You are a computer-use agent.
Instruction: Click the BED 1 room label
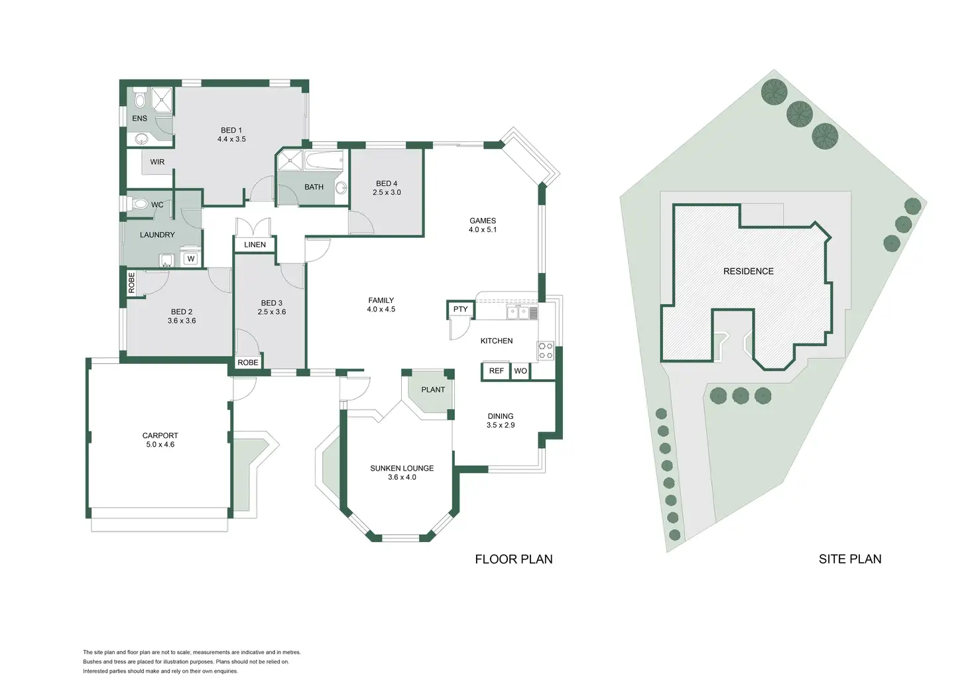[231, 131]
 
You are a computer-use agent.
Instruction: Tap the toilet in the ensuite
[140, 99]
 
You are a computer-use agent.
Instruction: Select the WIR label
[157, 162]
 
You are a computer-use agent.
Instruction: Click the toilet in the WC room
[140, 204]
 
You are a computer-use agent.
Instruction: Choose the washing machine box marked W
[191, 259]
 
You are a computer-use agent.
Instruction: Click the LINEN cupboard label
[255, 245]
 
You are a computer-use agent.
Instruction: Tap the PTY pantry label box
[460, 310]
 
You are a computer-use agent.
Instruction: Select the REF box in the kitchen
[496, 371]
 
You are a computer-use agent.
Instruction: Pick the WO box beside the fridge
[520, 371]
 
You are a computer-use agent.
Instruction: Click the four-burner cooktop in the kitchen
[546, 351]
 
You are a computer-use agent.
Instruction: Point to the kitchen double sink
[518, 312]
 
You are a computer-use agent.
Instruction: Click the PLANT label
[433, 390]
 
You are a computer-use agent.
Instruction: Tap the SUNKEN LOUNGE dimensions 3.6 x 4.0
[402, 477]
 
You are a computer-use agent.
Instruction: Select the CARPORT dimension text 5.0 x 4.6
[160, 445]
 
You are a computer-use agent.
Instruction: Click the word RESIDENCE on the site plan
[749, 271]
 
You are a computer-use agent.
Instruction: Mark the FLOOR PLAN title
[514, 559]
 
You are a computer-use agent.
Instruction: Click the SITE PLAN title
[850, 559]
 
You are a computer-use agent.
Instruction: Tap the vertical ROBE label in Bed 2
[131, 283]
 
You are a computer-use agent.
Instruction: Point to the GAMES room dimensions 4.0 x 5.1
[483, 230]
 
